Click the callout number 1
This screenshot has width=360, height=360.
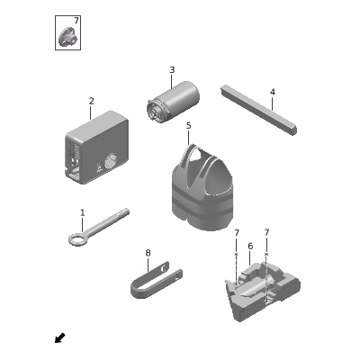click(82, 213)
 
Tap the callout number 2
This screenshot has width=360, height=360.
click(91, 101)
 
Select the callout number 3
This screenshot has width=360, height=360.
click(172, 70)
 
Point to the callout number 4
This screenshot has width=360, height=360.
click(273, 92)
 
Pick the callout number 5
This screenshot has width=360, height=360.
click(188, 126)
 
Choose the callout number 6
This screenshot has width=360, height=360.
click(250, 247)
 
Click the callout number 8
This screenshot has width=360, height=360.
click(148, 253)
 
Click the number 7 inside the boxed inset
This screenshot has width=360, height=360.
click(76, 21)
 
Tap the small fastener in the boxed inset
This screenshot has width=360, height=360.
click(67, 37)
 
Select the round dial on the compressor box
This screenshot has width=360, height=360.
click(112, 160)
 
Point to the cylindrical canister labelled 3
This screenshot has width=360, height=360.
click(173, 101)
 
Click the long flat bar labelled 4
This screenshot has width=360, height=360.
click(259, 110)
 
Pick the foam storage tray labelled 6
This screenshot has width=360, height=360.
click(262, 290)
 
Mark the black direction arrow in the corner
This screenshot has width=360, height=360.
click(60, 337)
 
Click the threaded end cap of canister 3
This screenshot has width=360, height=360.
click(156, 111)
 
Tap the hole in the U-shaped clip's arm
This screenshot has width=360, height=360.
click(164, 268)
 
